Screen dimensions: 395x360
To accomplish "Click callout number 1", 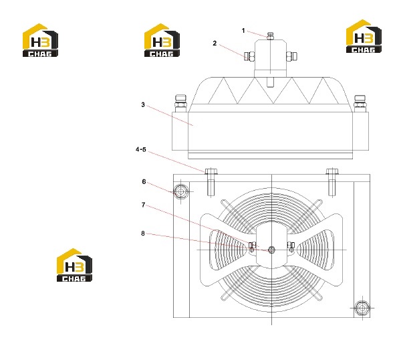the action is tap(243, 31).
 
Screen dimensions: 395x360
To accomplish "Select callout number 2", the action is tap(215, 43).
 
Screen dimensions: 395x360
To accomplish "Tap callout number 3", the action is tap(143, 104).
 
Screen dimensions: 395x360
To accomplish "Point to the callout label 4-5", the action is tap(141, 150).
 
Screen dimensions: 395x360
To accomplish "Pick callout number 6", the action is tap(144, 181).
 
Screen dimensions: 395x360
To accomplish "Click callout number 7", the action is tap(143, 205).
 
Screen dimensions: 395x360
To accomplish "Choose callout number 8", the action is tap(143, 234).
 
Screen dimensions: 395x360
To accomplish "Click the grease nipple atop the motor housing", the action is tap(270, 36).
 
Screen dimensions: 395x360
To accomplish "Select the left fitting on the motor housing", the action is tap(249, 56).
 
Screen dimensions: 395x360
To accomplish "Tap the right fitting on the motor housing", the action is tap(291, 56).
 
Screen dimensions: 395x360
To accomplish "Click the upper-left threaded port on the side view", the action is tap(180, 103).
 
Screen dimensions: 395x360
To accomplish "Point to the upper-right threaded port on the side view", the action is tap(360, 104).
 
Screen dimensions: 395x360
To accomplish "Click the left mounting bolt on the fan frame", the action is tap(211, 182).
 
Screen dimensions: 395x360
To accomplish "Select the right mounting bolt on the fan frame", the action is tap(332, 182).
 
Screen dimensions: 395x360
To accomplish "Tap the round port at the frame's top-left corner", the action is tap(181, 191).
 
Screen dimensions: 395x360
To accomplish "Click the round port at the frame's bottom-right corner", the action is tap(362, 308).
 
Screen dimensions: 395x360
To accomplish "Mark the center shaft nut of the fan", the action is tap(271, 250).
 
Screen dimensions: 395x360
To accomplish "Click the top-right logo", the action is tap(364, 36).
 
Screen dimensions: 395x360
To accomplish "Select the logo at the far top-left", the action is tap(40, 40).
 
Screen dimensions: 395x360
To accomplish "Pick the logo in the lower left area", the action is tap(74, 265).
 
